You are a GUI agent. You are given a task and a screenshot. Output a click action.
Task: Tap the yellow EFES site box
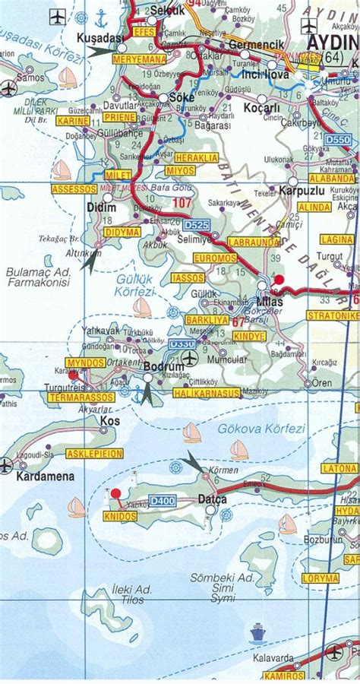pyautogui.click(x=143, y=33)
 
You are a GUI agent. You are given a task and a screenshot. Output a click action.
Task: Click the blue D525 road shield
pyautogui.click(x=195, y=226)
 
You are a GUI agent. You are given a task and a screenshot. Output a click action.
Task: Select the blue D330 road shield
pyautogui.click(x=178, y=344)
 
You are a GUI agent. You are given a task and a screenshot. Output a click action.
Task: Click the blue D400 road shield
pyautogui.click(x=161, y=500)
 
